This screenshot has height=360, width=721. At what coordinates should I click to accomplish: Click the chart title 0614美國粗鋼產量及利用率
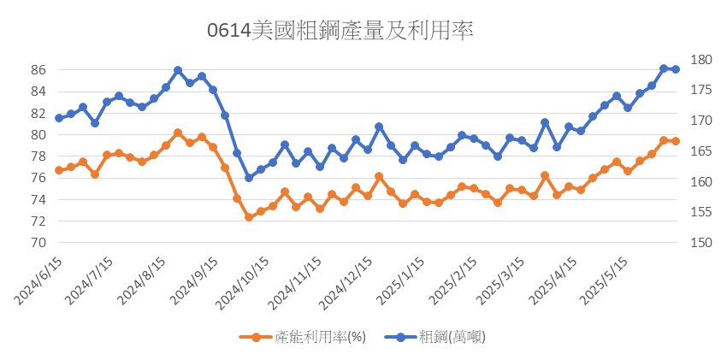340,31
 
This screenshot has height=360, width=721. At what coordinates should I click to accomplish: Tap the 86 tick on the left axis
38,70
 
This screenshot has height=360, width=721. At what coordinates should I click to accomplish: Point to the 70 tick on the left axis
38,243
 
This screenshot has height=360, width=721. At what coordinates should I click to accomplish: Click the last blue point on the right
675,69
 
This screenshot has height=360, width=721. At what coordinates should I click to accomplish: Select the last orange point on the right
675,141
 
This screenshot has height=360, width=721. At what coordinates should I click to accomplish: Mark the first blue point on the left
59,118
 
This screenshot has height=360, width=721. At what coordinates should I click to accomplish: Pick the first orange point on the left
59,170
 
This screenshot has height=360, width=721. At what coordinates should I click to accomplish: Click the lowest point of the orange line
249,217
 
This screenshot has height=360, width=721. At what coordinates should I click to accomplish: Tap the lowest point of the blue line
249,178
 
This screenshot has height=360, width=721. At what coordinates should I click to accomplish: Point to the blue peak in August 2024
178,70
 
